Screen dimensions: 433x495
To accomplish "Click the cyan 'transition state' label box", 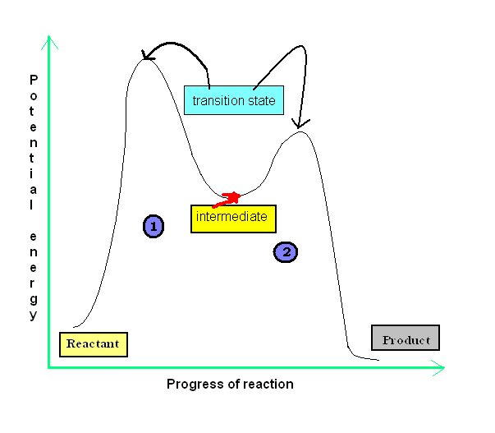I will point(234,100).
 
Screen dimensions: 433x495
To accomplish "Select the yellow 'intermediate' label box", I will point(233,218).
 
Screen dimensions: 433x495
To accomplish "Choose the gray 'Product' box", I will point(405,339).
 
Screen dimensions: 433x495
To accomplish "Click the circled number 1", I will point(153,226).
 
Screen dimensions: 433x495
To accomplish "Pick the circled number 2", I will point(285,252).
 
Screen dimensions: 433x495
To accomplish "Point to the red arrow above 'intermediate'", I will point(228,198).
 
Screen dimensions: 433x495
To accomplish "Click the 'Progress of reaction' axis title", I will point(230,384).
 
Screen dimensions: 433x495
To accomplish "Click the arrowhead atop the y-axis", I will point(51,43).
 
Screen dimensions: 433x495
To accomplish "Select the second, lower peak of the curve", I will point(302,131).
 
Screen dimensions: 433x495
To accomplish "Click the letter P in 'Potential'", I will point(34,80).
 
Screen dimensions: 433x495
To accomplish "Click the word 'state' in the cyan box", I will point(261,101).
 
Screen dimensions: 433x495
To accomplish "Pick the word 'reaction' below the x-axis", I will point(268,384).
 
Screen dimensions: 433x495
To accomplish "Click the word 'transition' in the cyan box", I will point(218,101).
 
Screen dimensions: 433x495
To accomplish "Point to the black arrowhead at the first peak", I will point(149,56).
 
